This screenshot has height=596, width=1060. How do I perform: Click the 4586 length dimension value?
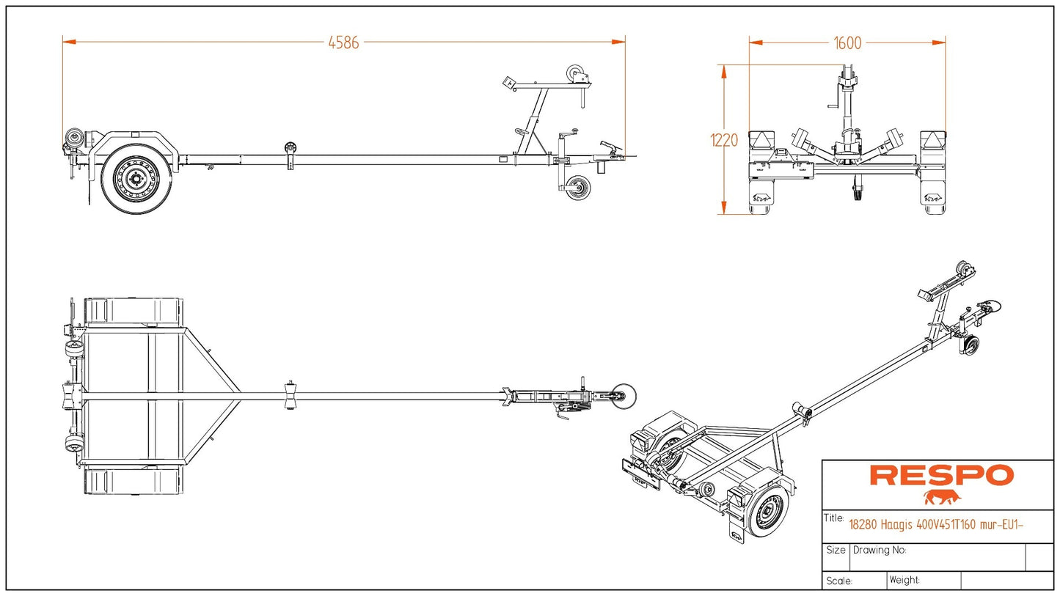pyautogui.click(x=343, y=43)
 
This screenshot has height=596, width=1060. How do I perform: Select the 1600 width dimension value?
pyautogui.click(x=847, y=43)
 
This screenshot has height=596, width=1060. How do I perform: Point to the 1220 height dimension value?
pyautogui.click(x=724, y=140)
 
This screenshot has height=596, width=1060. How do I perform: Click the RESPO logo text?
pyautogui.click(x=941, y=476)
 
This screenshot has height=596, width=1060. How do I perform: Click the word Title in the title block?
pyautogui.click(x=834, y=518)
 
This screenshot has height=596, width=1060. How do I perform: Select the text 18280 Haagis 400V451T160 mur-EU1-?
pyautogui.click(x=936, y=524)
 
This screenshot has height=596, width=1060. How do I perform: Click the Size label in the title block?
pyautogui.click(x=836, y=550)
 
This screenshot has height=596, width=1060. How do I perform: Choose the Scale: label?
pyautogui.click(x=839, y=581)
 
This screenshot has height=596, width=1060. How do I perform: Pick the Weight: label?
pyautogui.click(x=904, y=580)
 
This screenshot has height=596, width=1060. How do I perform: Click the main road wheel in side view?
pyautogui.click(x=136, y=178)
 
